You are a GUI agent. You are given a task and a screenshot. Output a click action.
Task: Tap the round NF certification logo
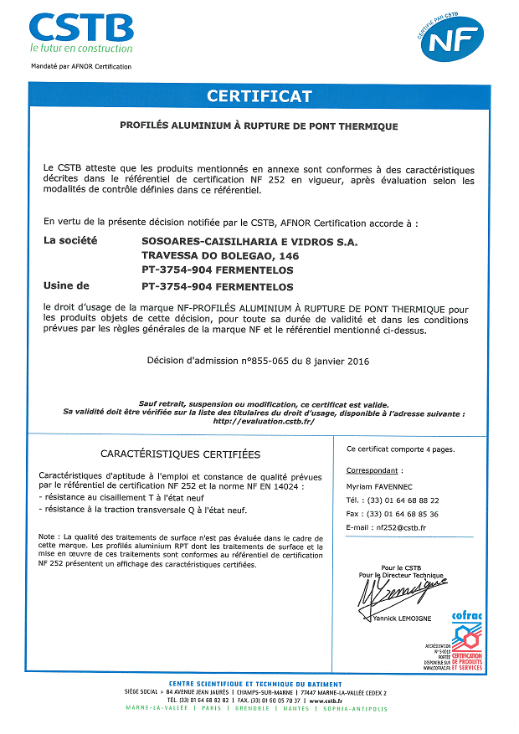coord(452,38)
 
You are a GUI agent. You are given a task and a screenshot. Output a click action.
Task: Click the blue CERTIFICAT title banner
coord(259,96)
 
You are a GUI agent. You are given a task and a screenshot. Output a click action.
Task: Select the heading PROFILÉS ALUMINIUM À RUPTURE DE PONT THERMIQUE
coord(259,126)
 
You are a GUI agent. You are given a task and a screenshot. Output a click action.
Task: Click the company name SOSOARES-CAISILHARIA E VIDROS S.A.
coord(249,241)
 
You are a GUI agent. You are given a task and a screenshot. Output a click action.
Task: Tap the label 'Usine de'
coord(65,285)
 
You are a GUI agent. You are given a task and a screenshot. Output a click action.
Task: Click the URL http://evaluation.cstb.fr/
coord(263,421)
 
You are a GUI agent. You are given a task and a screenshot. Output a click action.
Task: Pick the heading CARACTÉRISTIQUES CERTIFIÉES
coord(180,454)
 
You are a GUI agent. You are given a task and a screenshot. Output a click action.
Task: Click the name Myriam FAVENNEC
coord(381,485)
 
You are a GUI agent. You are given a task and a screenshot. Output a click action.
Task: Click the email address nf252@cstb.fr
coord(401,528)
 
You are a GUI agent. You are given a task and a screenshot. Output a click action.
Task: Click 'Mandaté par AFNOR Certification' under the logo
coord(81,66)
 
